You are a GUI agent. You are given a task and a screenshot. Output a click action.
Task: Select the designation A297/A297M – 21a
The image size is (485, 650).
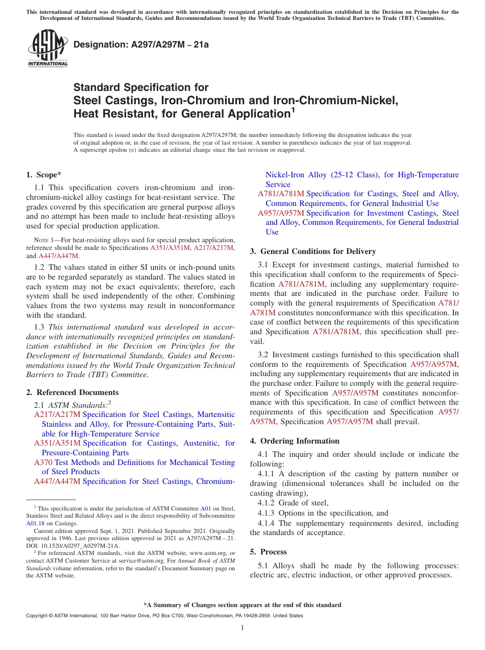[141, 44]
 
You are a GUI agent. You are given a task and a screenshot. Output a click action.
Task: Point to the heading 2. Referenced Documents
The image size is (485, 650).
[72, 392]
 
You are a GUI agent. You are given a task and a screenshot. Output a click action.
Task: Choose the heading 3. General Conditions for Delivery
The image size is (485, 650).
[312, 251]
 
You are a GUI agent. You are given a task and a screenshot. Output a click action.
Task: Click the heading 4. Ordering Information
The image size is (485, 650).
[295, 441]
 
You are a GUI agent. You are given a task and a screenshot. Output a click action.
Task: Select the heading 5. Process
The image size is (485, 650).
[268, 552]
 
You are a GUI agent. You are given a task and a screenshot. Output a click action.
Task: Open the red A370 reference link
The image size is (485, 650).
[43, 462]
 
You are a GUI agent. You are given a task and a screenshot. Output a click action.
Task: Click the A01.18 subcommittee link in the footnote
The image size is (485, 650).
[35, 523]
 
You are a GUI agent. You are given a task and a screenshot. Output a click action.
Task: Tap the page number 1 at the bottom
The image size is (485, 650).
[243, 628]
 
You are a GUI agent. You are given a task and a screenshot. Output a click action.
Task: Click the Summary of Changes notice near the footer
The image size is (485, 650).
[243, 605]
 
